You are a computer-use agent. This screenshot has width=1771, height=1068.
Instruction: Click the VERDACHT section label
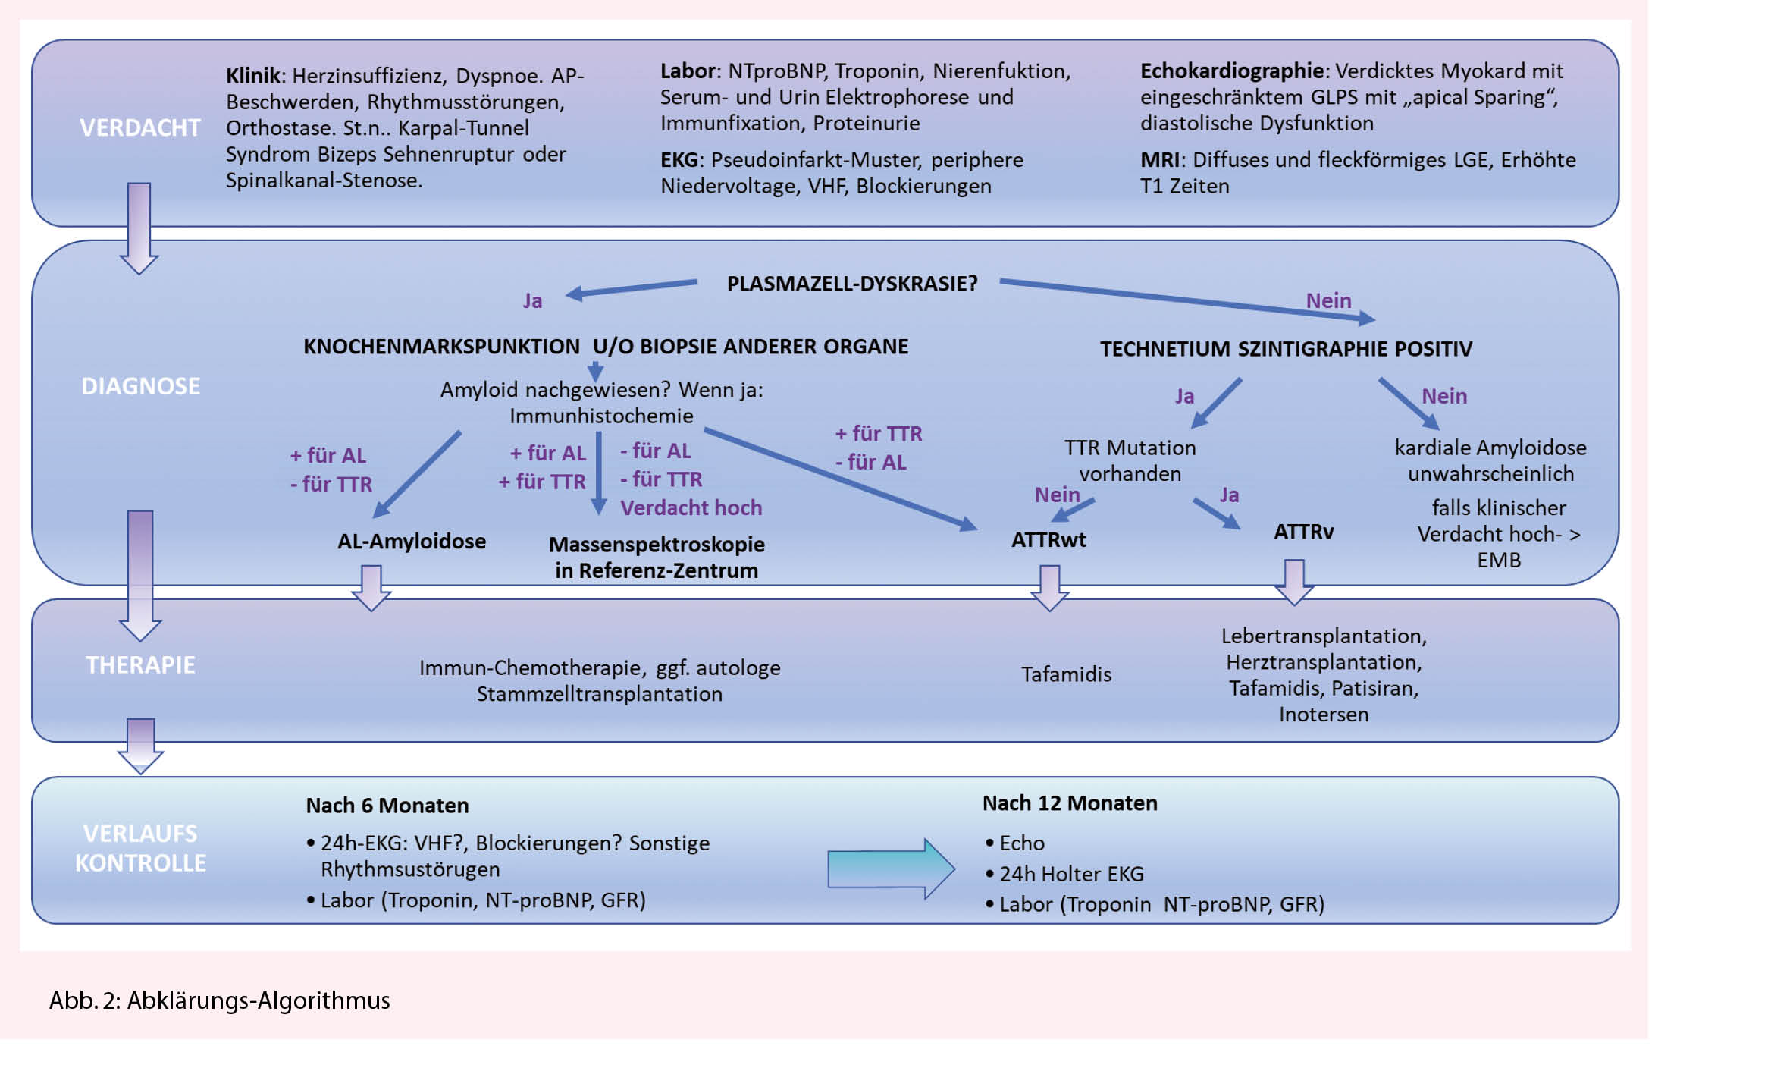pyautogui.click(x=140, y=127)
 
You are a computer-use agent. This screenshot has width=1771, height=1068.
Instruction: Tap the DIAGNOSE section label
pyautogui.click(x=140, y=386)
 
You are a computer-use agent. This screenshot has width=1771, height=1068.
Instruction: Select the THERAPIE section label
pyautogui.click(x=140, y=664)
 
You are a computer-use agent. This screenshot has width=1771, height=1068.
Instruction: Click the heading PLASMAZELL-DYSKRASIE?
pyautogui.click(x=852, y=284)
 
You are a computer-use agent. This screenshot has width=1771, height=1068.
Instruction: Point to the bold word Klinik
pyautogui.click(x=253, y=76)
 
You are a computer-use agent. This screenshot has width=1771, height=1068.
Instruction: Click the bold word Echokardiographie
pyautogui.click(x=1231, y=71)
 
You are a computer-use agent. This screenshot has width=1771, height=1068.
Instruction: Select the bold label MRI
pyautogui.click(x=1159, y=159)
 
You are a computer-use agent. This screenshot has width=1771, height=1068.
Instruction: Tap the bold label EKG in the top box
pyautogui.click(x=679, y=159)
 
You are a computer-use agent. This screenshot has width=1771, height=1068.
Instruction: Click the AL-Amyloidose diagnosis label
pyautogui.click(x=412, y=541)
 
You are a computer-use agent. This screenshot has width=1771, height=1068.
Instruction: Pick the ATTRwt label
pyautogui.click(x=1048, y=539)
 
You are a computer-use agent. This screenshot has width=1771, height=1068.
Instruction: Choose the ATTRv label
pyautogui.click(x=1303, y=531)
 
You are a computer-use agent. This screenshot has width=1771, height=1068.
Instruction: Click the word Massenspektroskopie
pyautogui.click(x=657, y=544)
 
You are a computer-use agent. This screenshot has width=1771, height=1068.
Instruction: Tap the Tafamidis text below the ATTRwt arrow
pyautogui.click(x=1066, y=674)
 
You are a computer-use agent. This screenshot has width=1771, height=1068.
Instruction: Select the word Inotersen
pyautogui.click(x=1324, y=714)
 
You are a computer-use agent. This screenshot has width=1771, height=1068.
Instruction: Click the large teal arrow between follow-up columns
pyautogui.click(x=890, y=869)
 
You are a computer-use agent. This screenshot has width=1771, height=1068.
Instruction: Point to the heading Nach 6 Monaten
pyautogui.click(x=387, y=805)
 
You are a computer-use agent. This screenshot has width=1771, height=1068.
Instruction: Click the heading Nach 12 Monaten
pyautogui.click(x=1070, y=803)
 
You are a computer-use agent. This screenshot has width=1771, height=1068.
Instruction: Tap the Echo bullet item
pyautogui.click(x=1021, y=843)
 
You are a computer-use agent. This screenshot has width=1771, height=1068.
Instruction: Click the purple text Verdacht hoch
pyautogui.click(x=691, y=507)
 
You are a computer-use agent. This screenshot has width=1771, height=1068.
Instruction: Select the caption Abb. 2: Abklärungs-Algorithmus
pyautogui.click(x=220, y=1000)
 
